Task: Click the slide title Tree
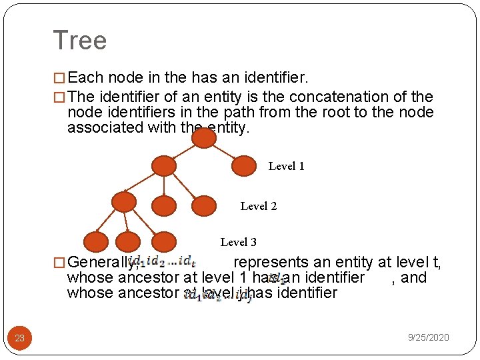pyautogui.click(x=79, y=41)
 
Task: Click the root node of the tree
pyautogui.click(x=204, y=138)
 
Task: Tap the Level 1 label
pyautogui.click(x=286, y=167)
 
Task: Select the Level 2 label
pyautogui.click(x=258, y=207)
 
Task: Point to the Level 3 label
pyautogui.click(x=238, y=242)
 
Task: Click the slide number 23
pyautogui.click(x=20, y=338)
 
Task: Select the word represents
pyautogui.click(x=271, y=262)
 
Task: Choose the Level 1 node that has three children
pyautogui.click(x=163, y=166)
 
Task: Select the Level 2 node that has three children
pyautogui.click(x=124, y=202)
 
